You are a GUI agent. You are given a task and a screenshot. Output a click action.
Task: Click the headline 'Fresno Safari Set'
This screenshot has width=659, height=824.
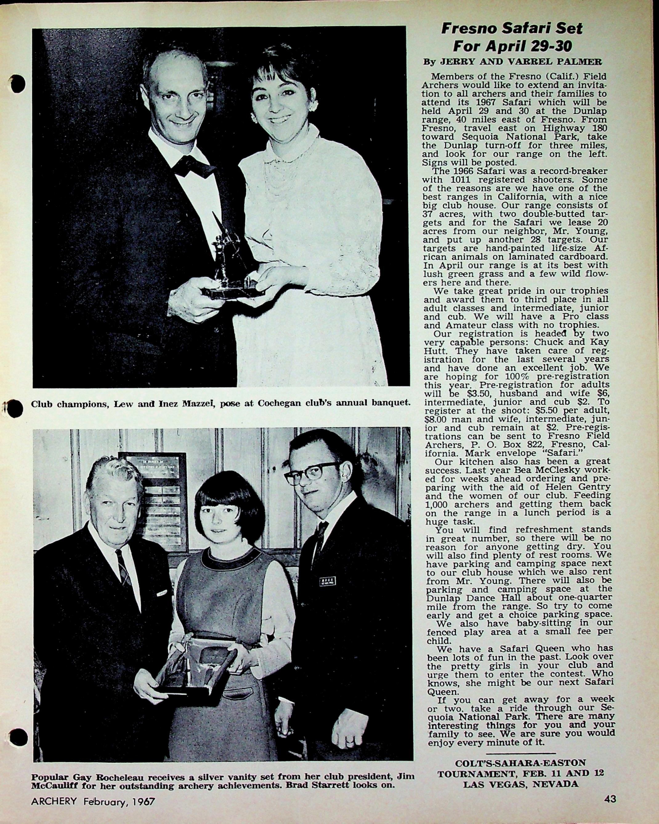(512, 28)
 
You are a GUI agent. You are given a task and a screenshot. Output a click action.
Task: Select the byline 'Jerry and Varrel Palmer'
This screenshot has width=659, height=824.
(512, 62)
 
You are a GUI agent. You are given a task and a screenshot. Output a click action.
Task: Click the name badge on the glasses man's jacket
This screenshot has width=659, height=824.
(327, 582)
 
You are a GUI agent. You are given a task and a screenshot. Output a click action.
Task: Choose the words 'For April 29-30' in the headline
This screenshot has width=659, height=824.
(512, 46)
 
